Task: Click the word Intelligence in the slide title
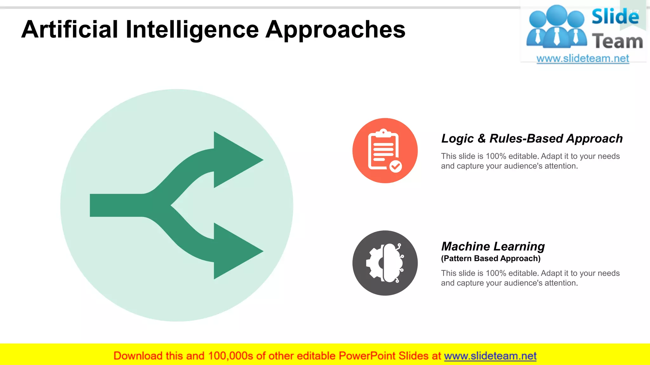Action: click(x=192, y=29)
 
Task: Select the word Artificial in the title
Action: click(x=70, y=29)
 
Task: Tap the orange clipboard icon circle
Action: click(x=385, y=150)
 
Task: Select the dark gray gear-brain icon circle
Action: click(x=385, y=263)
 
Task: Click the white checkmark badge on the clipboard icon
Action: click(x=395, y=166)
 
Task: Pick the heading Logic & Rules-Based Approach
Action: click(x=532, y=138)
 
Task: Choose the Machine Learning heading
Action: click(x=493, y=246)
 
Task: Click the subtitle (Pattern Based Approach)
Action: click(x=490, y=259)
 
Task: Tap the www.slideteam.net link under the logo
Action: click(x=582, y=58)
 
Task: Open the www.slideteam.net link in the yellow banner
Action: click(x=490, y=356)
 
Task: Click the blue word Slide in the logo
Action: click(x=615, y=16)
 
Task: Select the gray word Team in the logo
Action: click(x=617, y=41)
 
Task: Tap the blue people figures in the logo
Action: click(x=556, y=27)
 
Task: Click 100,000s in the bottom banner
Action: click(x=230, y=356)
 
